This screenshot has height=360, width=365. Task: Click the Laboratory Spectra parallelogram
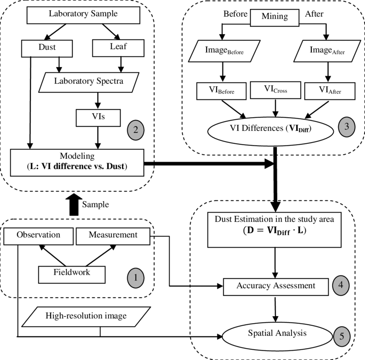[x=89, y=81]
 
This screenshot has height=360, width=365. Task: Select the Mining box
[x=275, y=17]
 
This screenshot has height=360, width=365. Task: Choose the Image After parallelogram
[x=327, y=51]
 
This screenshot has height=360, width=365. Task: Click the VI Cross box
[x=275, y=90]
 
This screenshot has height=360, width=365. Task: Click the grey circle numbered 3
[x=347, y=126]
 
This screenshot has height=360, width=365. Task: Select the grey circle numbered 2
[x=135, y=130]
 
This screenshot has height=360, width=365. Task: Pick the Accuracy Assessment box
[x=276, y=286]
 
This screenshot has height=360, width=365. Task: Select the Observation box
[x=38, y=235]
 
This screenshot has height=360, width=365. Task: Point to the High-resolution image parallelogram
[x=86, y=317]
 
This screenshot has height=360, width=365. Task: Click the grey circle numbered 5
[x=341, y=336]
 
